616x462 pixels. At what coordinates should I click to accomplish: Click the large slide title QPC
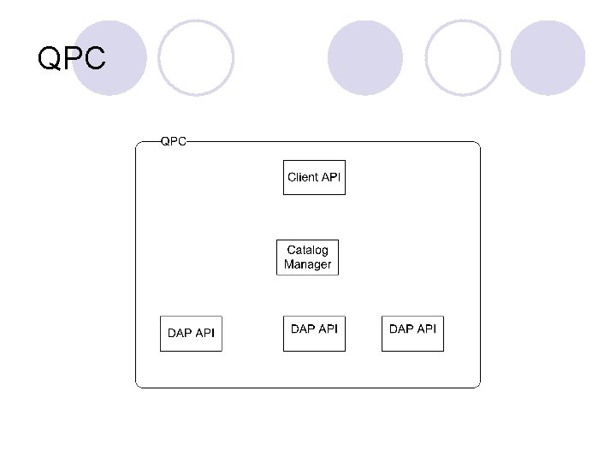[72, 59]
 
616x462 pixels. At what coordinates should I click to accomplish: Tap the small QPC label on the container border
[174, 141]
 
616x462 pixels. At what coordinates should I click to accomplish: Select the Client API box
[314, 177]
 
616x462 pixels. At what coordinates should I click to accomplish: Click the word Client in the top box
[303, 177]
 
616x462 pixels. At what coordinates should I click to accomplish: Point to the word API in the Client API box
[331, 177]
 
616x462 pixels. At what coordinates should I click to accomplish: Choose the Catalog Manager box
[308, 257]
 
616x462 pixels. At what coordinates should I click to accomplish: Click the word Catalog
[308, 250]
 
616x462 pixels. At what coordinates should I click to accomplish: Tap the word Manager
[308, 264]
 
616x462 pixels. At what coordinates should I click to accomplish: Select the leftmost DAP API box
[191, 334]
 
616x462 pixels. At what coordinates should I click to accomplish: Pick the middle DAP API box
[314, 333]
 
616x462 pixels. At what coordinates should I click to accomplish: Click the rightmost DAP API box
[412, 333]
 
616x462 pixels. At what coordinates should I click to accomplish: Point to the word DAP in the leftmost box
[180, 334]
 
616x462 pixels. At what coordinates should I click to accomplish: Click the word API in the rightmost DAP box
[426, 329]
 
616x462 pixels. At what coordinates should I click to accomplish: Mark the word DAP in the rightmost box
[401, 329]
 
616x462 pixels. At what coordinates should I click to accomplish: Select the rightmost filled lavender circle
[548, 58]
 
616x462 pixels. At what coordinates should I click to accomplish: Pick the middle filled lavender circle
[364, 58]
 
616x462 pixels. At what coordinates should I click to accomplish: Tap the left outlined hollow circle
[196, 58]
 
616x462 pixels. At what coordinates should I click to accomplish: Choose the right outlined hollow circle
[463, 58]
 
